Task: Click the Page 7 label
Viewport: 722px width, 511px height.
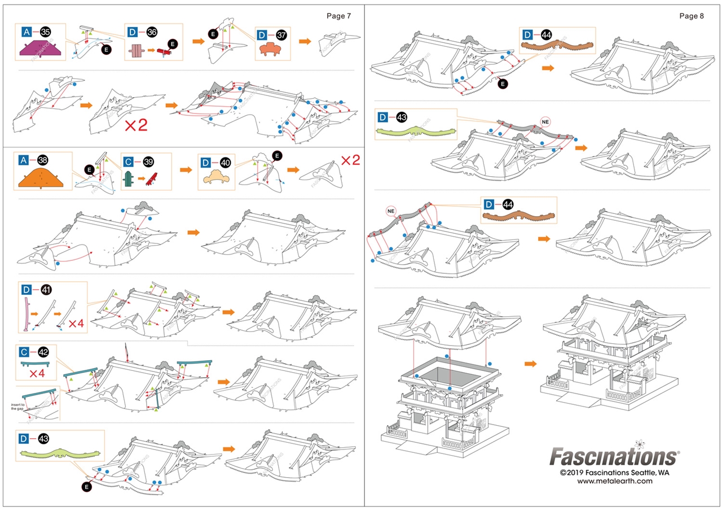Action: click(338, 16)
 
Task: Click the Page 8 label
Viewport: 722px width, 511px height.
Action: click(692, 16)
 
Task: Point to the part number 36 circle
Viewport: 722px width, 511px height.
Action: click(152, 32)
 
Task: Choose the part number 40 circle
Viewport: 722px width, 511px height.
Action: click(225, 163)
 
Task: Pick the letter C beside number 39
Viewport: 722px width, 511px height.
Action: click(129, 161)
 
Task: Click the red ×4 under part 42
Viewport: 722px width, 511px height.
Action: click(37, 373)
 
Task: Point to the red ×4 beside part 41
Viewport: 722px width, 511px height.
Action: click(77, 324)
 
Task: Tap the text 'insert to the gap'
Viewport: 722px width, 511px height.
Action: click(18, 407)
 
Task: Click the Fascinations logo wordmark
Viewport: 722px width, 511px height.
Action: click(614, 456)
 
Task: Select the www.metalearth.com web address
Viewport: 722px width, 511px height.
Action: click(614, 481)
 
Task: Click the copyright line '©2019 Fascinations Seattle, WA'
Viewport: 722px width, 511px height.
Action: click(614, 472)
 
